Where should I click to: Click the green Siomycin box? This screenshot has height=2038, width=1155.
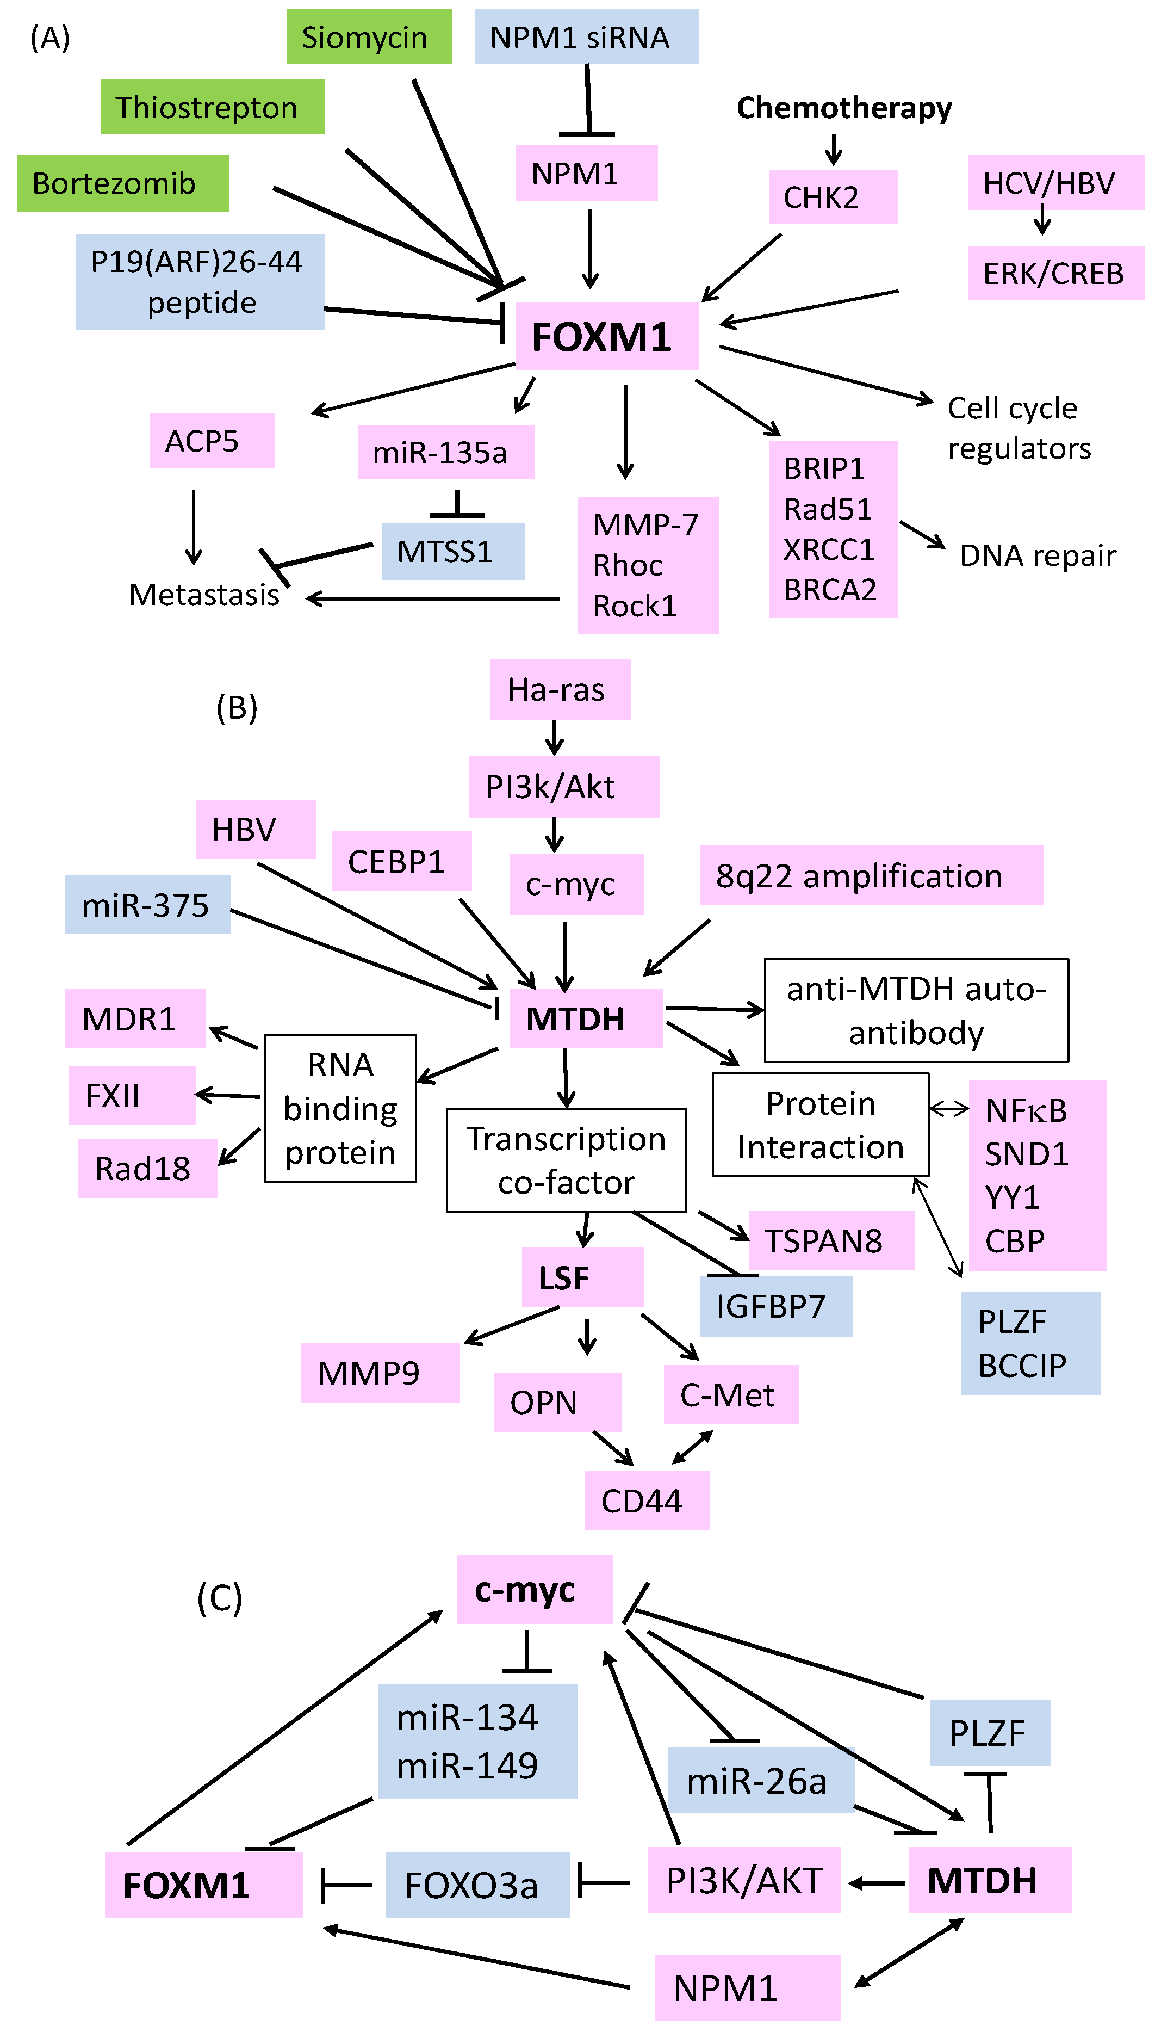point(369,38)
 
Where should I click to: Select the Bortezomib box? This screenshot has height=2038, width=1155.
point(123,183)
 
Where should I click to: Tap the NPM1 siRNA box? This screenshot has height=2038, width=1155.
point(586,38)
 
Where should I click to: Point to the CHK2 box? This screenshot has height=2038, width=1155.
point(832,197)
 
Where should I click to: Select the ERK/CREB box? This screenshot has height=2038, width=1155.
point(1055,274)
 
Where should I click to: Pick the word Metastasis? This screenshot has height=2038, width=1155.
point(204,595)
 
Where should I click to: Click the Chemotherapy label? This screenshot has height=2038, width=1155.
point(843,108)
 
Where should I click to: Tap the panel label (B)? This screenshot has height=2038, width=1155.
point(237,707)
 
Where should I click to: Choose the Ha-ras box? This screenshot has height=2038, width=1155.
point(559,690)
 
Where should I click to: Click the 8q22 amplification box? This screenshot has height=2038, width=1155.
point(870,875)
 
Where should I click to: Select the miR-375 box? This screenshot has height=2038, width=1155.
point(147,905)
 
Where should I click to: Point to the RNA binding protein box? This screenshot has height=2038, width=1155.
point(340,1109)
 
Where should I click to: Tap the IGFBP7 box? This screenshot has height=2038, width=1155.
point(775,1306)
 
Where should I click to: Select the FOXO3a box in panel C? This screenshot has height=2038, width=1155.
point(477,1885)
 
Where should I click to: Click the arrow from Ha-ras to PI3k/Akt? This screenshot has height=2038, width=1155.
point(555,737)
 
